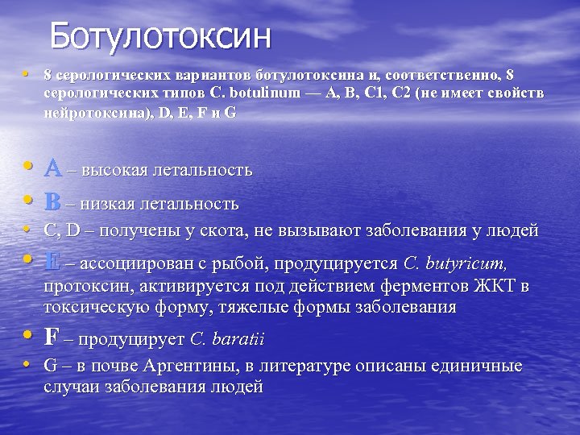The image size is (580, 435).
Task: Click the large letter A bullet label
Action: click(53, 168)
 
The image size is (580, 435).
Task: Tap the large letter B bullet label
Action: click(53, 201)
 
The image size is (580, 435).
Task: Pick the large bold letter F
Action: click(52, 336)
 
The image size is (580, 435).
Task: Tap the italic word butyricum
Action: click(467, 263)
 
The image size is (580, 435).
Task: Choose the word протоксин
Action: click(84, 287)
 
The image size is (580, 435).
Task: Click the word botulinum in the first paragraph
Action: click(267, 93)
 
